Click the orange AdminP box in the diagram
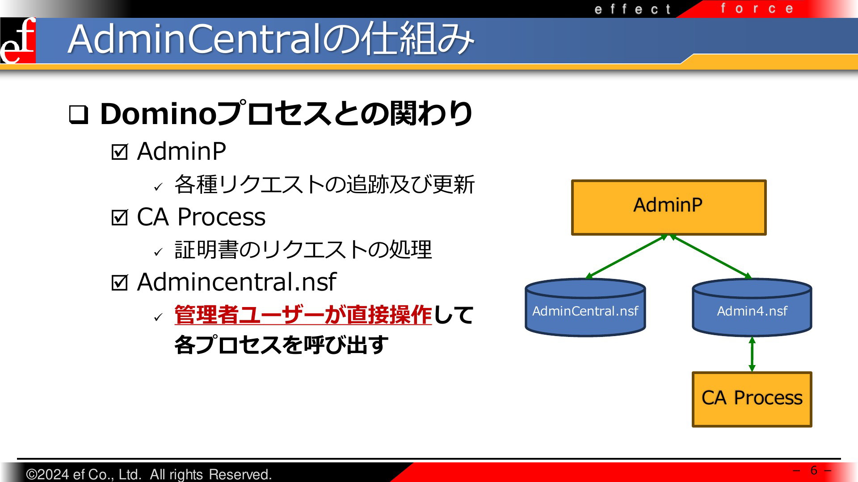click(669, 208)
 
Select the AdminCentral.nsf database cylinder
click(585, 307)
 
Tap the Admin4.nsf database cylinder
click(752, 307)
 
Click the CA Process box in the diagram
click(752, 399)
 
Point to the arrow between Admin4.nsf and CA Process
click(752, 354)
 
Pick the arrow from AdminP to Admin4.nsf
click(711, 257)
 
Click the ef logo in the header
click(18, 41)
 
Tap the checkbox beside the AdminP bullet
click(119, 152)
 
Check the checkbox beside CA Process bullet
click(119, 217)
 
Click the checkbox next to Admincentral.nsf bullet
click(119, 283)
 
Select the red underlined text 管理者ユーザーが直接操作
click(303, 315)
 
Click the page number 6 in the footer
click(814, 470)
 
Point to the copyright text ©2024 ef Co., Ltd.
click(84, 474)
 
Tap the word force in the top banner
click(757, 8)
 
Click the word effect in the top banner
click(632, 9)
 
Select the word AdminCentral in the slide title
click(195, 39)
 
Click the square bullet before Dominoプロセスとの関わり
click(79, 115)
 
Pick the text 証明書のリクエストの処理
click(303, 249)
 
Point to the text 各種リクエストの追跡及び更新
click(324, 184)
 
